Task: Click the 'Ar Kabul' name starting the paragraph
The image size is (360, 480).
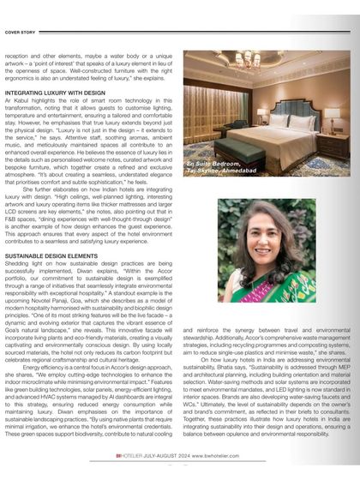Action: [x=15, y=98]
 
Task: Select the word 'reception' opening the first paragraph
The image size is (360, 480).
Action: [x=20, y=55]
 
